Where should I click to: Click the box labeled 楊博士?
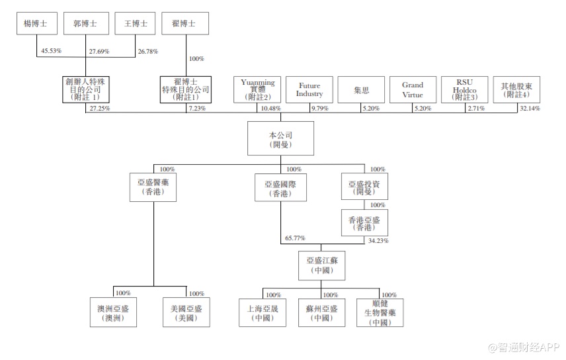[x=36, y=23]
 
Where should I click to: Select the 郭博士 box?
[x=85, y=23]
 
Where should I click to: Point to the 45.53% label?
[x=51, y=51]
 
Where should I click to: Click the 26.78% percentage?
[x=149, y=51]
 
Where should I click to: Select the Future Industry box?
[x=309, y=90]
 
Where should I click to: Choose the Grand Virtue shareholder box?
[x=413, y=90]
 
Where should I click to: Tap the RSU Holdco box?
[x=464, y=90]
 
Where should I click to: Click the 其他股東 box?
[x=515, y=90]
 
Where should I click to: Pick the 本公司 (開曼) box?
[x=280, y=138]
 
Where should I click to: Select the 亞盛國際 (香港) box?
[x=280, y=188]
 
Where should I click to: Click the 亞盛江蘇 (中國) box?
[x=321, y=266]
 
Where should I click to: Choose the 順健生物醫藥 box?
[x=379, y=312]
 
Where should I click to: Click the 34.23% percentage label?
[x=378, y=241]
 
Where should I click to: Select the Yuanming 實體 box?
[x=258, y=90]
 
